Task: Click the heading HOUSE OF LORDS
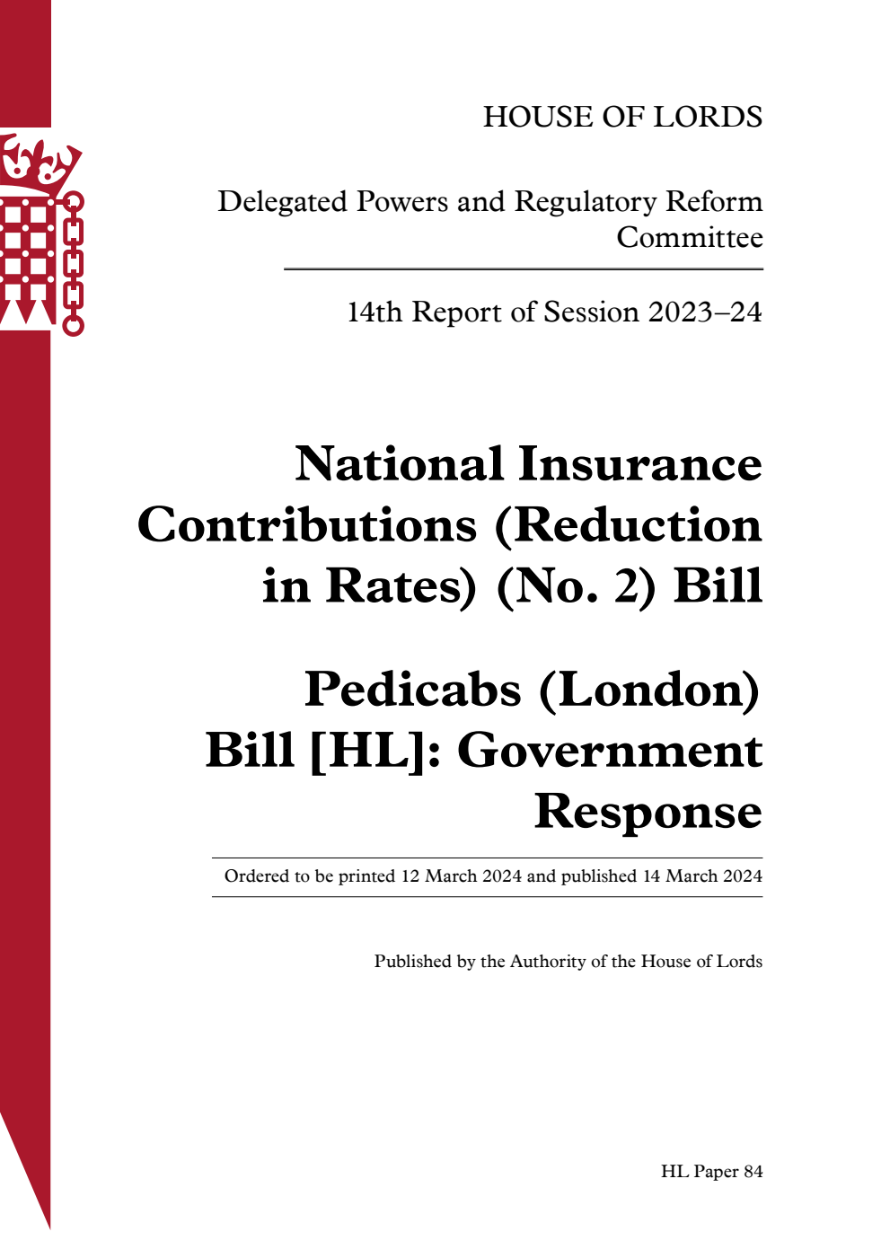[622, 117]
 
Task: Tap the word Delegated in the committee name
[282, 202]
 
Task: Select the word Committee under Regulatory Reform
[689, 238]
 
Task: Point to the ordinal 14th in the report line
[374, 312]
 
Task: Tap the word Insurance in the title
[639, 464]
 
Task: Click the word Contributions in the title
[306, 525]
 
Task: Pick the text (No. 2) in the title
[576, 586]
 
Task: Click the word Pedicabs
[412, 690]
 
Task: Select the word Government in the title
[610, 751]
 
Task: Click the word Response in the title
[648, 812]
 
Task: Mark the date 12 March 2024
[461, 876]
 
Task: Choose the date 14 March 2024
[701, 876]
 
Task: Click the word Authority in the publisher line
[548, 962]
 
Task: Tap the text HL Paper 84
[711, 1172]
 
